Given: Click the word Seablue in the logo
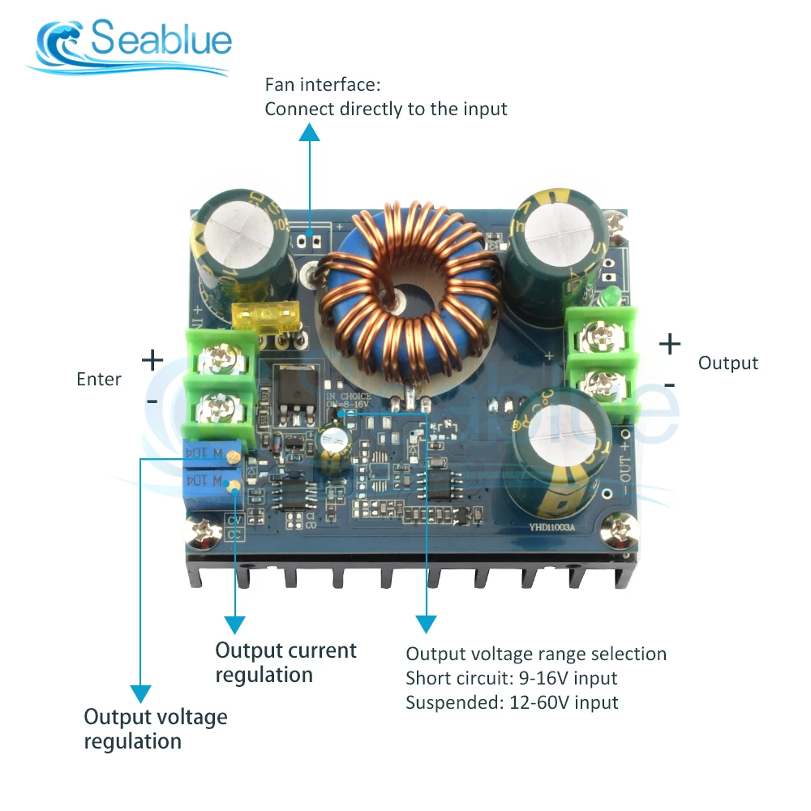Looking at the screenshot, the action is (161, 39).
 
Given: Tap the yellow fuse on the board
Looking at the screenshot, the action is (258, 316).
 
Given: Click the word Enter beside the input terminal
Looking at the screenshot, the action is (99, 379).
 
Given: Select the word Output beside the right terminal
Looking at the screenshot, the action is (728, 363).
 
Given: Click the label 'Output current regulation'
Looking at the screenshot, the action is (285, 663).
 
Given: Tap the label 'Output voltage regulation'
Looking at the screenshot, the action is (156, 729).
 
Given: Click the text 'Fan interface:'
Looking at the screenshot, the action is (323, 84).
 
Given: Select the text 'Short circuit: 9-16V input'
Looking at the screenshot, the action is (512, 678).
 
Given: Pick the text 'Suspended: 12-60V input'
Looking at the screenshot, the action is (512, 702).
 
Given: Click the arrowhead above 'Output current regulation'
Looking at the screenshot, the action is (234, 624).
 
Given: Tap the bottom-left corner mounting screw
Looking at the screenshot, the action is (200, 532).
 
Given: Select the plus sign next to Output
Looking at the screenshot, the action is (670, 344).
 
